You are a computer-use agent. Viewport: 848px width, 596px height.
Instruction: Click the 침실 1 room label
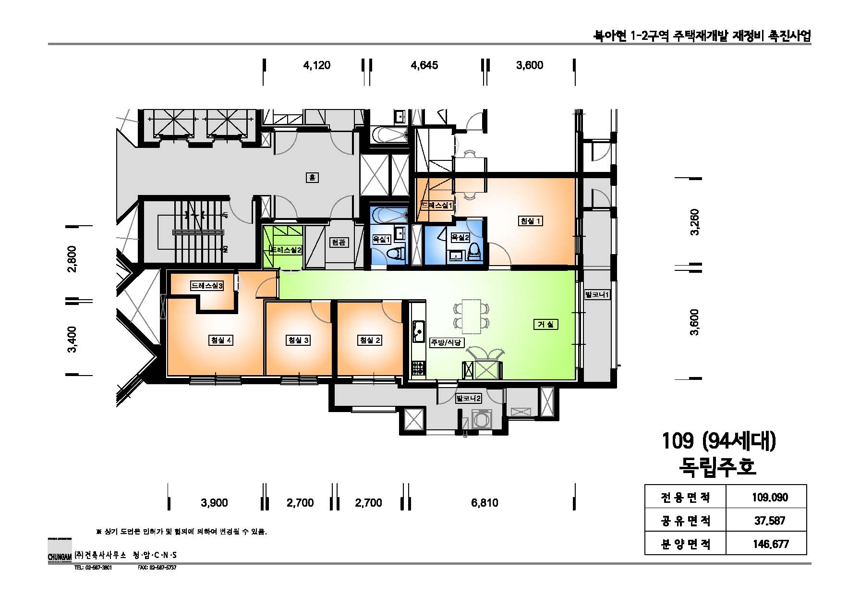(x=531, y=221)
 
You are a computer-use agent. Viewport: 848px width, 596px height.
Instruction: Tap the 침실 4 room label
(x=220, y=340)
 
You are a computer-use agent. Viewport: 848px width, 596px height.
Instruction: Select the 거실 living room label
(x=545, y=325)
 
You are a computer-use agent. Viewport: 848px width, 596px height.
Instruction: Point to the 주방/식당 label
(x=446, y=342)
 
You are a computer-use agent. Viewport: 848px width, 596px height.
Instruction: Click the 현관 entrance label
(x=338, y=243)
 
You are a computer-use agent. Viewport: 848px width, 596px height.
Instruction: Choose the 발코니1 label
(x=597, y=294)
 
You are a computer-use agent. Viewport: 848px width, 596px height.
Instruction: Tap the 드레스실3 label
(x=206, y=286)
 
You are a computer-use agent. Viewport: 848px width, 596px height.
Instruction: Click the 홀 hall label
(x=312, y=178)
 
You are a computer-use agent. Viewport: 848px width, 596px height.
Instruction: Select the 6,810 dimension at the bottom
(x=485, y=503)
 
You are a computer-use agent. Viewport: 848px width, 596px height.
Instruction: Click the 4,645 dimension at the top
(x=424, y=65)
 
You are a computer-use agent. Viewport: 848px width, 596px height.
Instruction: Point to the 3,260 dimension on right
(x=694, y=222)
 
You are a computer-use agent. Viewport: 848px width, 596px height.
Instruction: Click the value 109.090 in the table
(x=770, y=498)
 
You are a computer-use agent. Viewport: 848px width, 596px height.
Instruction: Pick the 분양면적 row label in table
(x=685, y=544)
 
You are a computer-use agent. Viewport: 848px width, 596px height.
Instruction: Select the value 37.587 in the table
(x=770, y=521)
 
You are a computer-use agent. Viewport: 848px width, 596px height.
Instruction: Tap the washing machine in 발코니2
(x=480, y=419)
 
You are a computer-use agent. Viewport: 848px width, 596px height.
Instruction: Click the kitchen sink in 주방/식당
(x=418, y=331)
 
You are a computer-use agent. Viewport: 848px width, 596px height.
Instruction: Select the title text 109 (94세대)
(x=718, y=441)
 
